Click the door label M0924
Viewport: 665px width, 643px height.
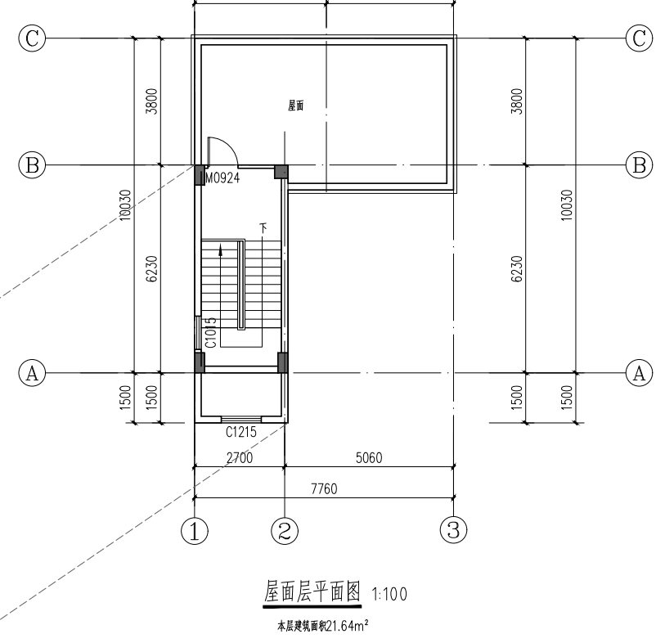222,178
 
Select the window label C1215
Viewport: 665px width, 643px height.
241,432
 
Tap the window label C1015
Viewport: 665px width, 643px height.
211,333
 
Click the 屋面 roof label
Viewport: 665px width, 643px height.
295,106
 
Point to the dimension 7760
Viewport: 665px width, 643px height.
324,489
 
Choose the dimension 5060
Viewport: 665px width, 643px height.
369,458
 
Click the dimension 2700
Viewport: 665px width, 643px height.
240,458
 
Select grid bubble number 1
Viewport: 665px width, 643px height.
195,531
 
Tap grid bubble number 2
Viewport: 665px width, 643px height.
285,531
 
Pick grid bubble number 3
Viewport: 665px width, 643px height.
453,530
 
